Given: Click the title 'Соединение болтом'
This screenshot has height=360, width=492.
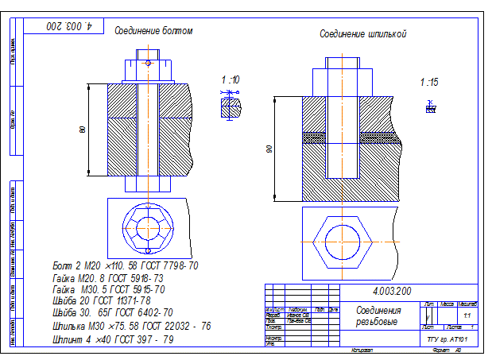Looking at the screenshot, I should point(153,31).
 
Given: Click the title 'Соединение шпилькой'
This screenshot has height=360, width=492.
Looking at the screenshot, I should point(363,35).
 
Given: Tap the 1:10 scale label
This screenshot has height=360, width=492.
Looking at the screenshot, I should point(231,79).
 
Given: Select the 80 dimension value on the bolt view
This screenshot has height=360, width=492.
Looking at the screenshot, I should point(82,130).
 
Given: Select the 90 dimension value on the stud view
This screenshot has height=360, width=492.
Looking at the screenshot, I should point(269,149).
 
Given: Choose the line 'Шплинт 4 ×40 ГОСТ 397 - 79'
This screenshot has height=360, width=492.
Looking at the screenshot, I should point(112,339).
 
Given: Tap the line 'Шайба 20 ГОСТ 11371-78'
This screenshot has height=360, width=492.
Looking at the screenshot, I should point(101,301).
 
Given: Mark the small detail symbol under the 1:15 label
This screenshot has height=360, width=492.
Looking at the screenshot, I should point(430,106).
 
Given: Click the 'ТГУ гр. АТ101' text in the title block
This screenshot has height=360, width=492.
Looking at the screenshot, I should point(449,339).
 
